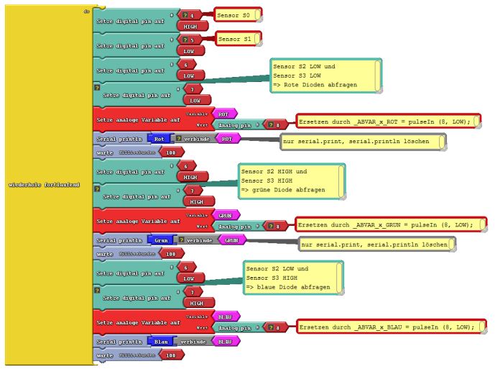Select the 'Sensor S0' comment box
click(238, 14)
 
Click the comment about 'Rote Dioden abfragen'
click(325, 76)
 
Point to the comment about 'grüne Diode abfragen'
click(292, 181)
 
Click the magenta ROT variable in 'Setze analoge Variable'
click(224, 114)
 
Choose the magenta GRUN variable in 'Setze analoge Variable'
click(226, 214)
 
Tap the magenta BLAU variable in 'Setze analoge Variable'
click(226, 316)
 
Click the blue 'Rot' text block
click(159, 138)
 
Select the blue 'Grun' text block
click(159, 240)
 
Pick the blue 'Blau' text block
click(159, 341)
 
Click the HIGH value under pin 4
click(191, 26)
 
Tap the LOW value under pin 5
click(190, 51)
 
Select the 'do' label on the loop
click(86, 12)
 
